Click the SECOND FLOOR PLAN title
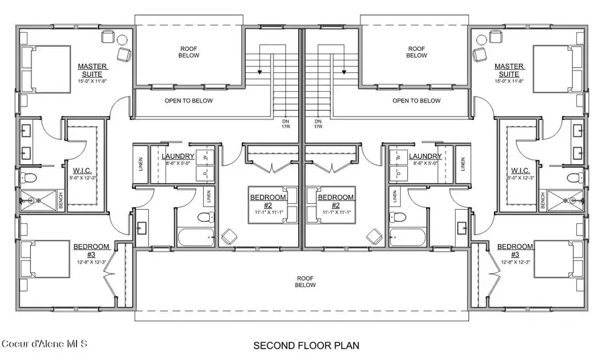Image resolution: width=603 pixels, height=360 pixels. [x=306, y=346]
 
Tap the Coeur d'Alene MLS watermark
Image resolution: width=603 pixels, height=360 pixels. [x=44, y=345]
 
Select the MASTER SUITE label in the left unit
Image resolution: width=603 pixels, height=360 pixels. [x=93, y=70]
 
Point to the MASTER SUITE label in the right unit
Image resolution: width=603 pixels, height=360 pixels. [x=509, y=70]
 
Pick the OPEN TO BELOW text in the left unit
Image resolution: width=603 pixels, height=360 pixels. [x=189, y=101]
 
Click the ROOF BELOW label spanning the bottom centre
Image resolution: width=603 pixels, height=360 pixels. [x=304, y=281]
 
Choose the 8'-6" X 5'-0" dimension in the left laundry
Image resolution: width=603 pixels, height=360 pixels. [x=178, y=163]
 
